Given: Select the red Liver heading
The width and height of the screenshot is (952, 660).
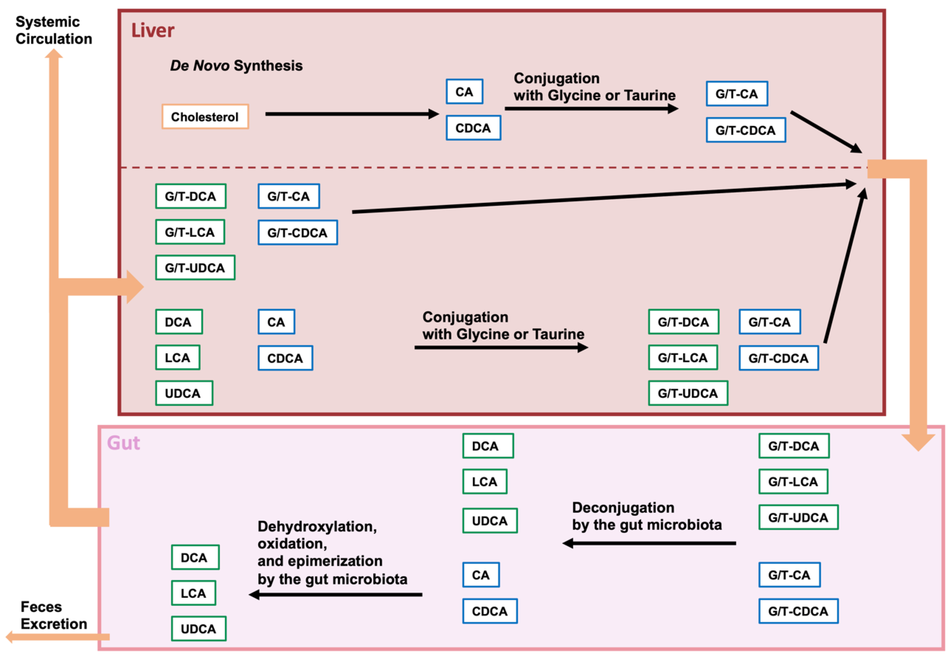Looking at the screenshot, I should point(152,31).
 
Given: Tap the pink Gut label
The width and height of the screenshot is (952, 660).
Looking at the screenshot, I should point(123,443).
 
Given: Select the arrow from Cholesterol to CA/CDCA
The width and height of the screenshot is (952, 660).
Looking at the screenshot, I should point(351,114).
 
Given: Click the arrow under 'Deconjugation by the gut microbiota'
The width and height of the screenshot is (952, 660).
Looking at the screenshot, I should point(649,543).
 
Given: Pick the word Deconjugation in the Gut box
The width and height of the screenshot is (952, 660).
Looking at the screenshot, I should point(623,508).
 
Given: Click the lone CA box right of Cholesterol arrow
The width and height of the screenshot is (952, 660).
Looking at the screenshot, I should point(464,92).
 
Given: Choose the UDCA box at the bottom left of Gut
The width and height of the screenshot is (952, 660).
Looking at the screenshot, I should point(198,629).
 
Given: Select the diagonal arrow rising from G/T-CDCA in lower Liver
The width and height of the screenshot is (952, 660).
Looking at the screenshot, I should point(844,267).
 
